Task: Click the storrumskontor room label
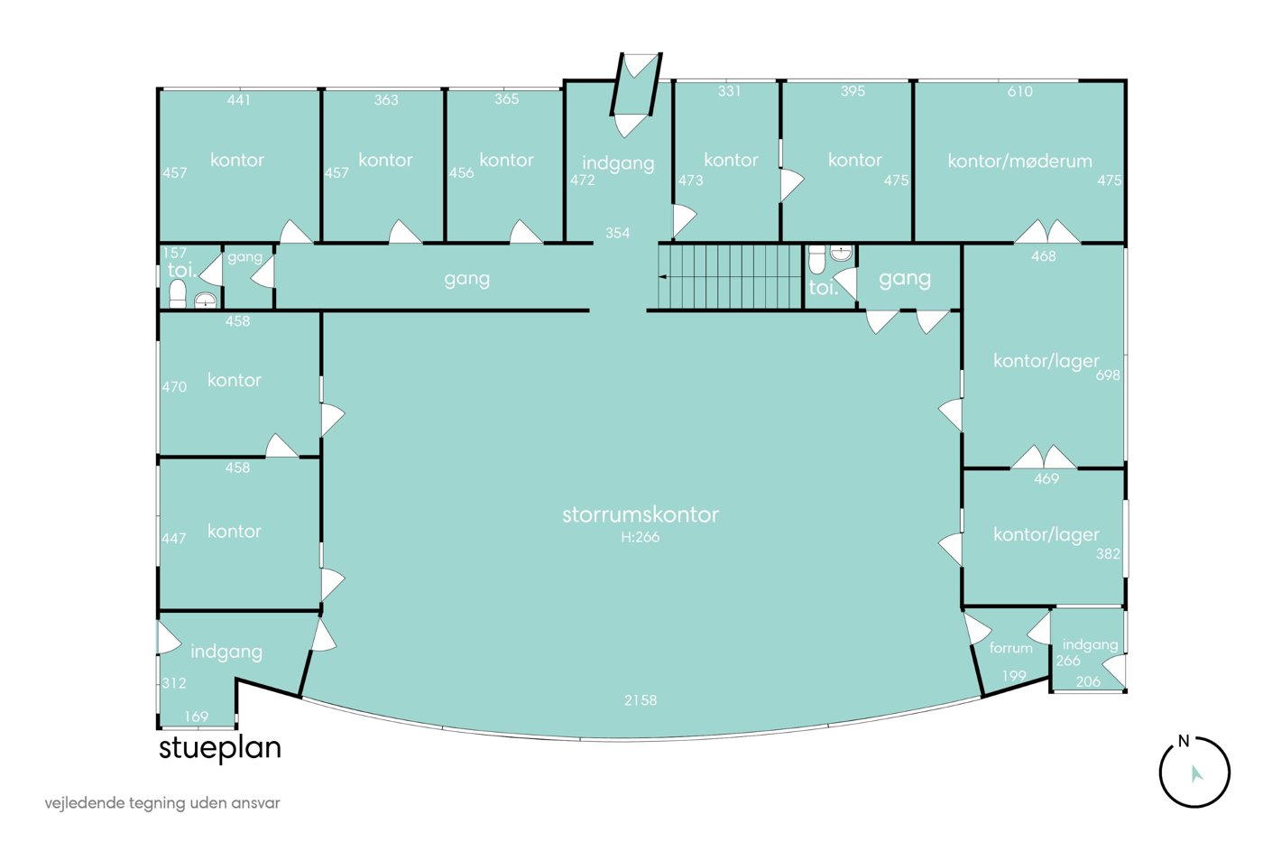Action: click(x=640, y=514)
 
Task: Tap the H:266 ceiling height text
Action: click(x=640, y=537)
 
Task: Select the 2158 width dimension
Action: click(x=641, y=700)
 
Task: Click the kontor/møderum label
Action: click(x=1019, y=162)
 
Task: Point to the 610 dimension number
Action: click(x=1020, y=91)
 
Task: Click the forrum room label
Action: click(x=1011, y=648)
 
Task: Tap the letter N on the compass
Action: click(x=1184, y=741)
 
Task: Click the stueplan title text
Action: click(x=220, y=749)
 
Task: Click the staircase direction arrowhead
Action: click(x=662, y=277)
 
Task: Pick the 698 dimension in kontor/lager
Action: click(x=1108, y=375)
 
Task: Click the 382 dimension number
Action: click(x=1108, y=554)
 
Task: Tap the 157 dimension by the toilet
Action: click(x=174, y=253)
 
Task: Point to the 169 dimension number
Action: click(x=197, y=717)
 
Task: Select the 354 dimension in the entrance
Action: click(x=617, y=232)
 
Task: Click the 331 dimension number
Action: click(x=729, y=91)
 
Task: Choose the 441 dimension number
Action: click(x=238, y=100)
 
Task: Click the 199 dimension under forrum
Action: click(x=1014, y=675)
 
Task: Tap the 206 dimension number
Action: click(x=1088, y=682)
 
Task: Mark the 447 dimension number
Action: click(x=173, y=538)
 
